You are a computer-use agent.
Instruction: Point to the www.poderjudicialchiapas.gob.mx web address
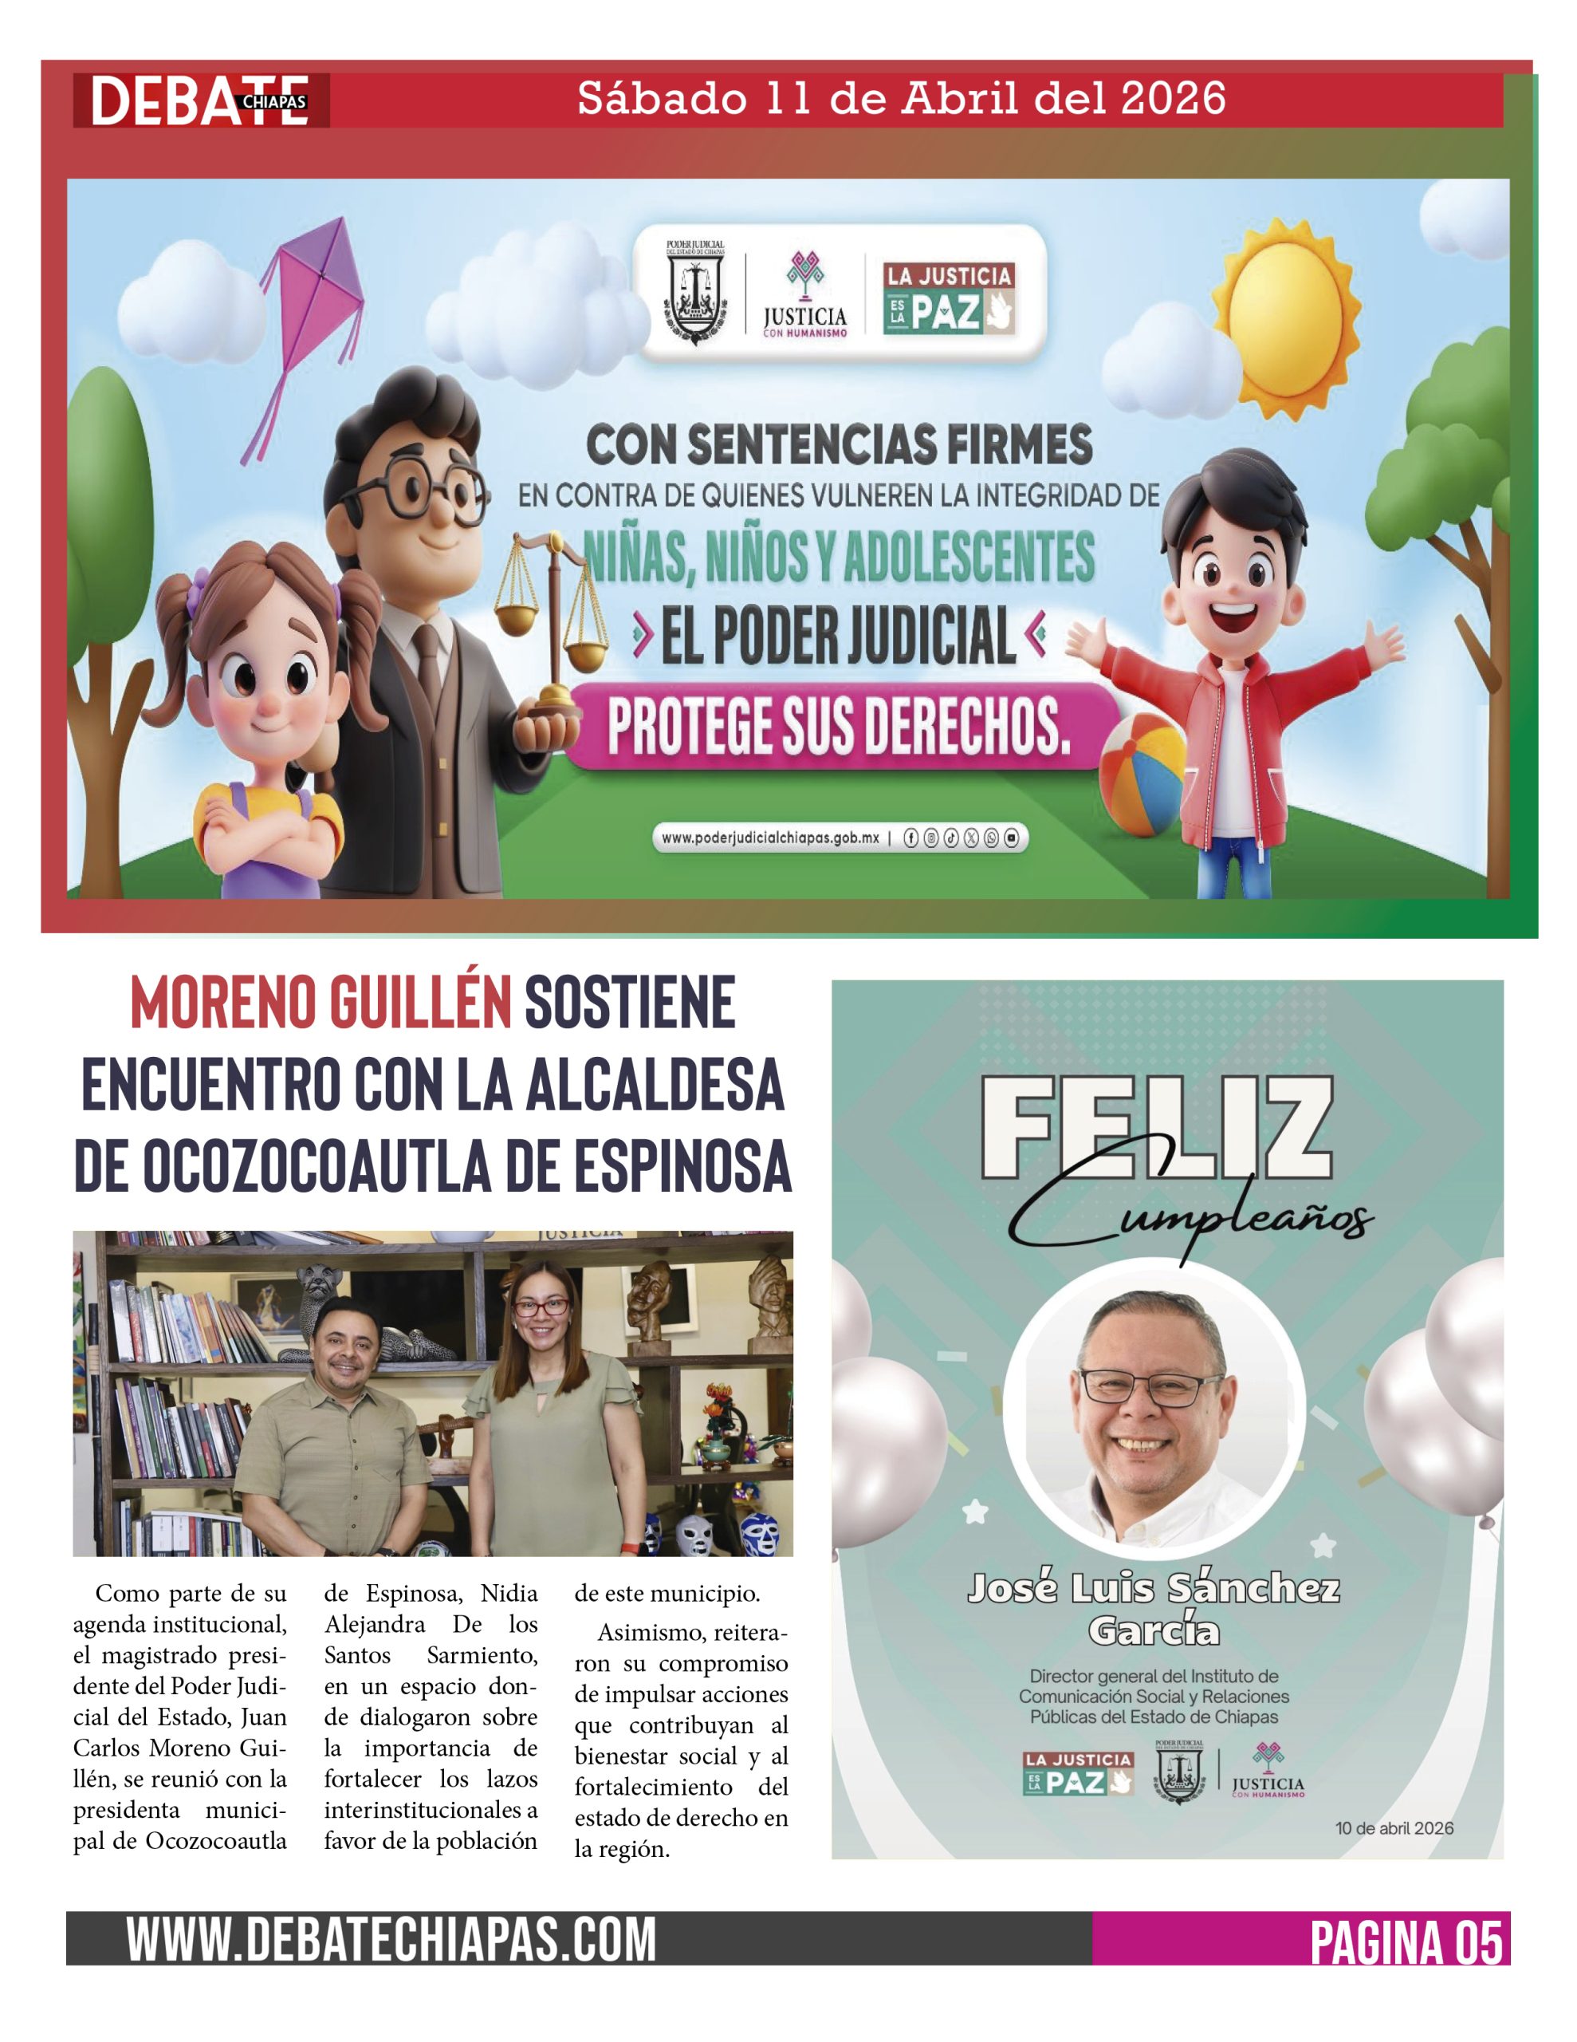click(x=770, y=838)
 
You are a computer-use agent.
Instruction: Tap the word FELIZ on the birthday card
click(x=1156, y=1129)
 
